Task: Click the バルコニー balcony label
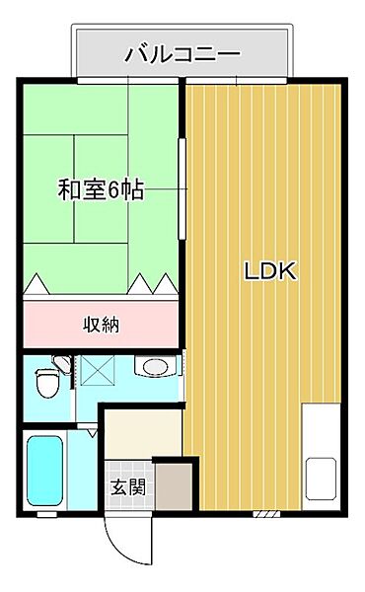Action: point(182,53)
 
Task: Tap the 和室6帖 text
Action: point(102,188)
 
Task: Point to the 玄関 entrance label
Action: point(126,485)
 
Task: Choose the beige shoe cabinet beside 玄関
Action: point(174,485)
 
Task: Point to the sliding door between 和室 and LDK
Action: point(182,187)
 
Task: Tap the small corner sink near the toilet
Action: point(62,366)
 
